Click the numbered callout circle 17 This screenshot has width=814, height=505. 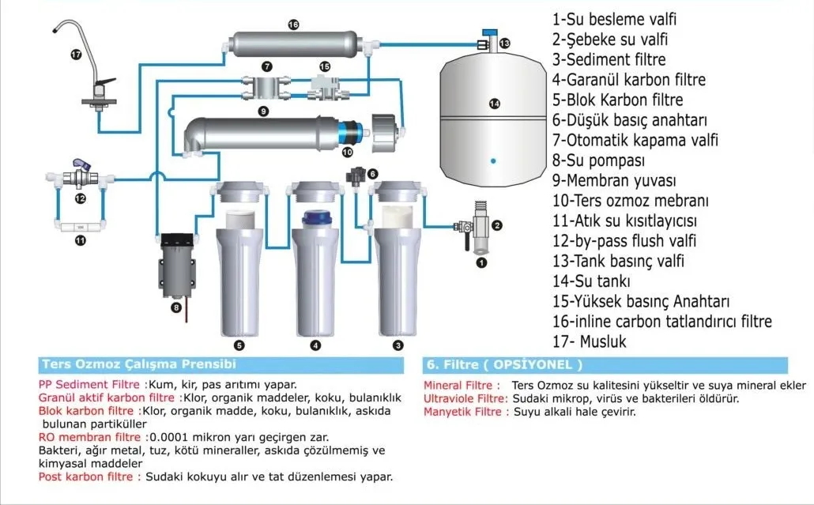coord(76,55)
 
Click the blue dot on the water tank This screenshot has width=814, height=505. coord(493,160)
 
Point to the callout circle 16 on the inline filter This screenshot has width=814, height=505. coord(293,24)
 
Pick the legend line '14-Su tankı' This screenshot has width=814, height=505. coord(591,281)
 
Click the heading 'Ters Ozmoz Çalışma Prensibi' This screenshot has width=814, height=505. coord(138,365)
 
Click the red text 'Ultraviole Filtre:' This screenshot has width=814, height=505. coord(465,399)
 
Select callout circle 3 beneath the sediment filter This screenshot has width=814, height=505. coord(398,345)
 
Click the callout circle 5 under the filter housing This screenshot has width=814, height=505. coord(239,345)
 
